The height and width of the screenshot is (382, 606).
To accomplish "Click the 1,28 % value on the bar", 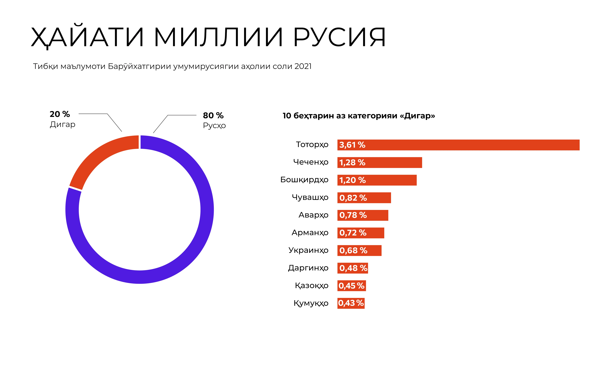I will [352, 163].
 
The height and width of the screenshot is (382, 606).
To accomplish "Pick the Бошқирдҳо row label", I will [304, 180].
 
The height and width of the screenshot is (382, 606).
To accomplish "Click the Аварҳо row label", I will [313, 215].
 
